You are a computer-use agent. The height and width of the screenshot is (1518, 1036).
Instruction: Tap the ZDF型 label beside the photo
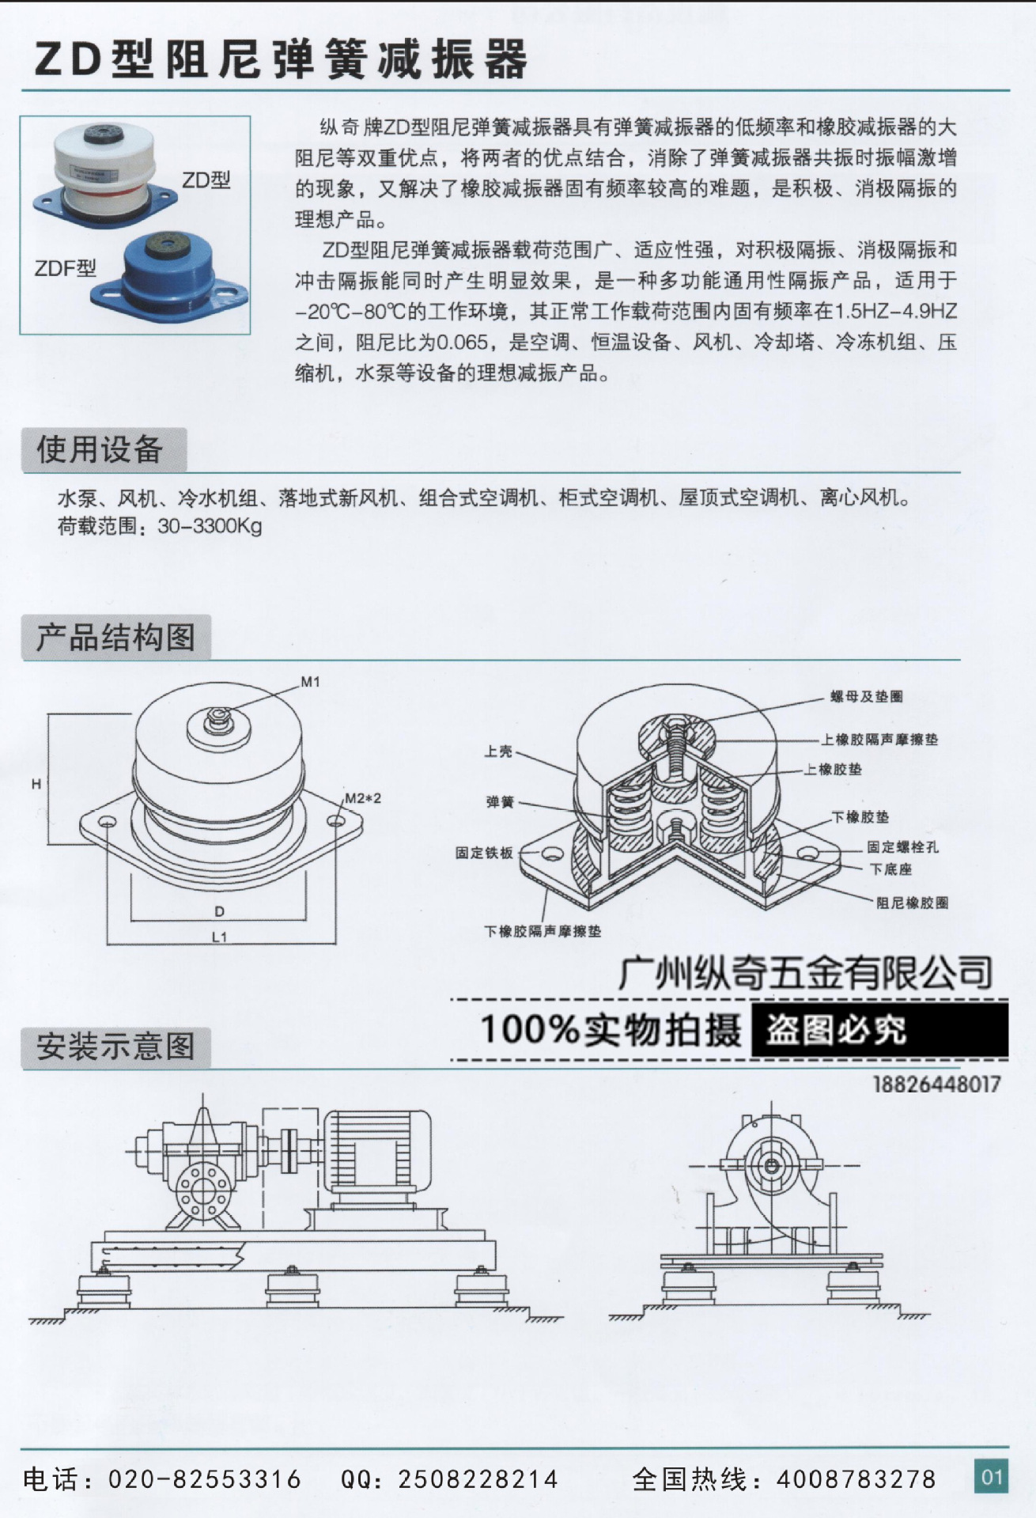[x=65, y=268]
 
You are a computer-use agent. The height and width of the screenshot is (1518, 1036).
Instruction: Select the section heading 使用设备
[x=100, y=449]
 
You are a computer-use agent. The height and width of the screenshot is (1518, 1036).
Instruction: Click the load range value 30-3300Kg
[x=210, y=527]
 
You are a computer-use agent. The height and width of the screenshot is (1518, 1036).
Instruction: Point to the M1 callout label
[x=310, y=682]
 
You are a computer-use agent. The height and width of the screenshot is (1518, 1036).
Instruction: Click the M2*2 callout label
[x=362, y=798]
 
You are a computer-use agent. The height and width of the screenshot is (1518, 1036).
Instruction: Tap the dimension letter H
[x=36, y=784]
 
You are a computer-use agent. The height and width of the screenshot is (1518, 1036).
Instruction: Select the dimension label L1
[x=219, y=937]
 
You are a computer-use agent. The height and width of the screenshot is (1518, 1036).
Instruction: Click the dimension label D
[x=219, y=912]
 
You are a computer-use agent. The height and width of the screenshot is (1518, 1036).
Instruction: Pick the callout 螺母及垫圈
[x=866, y=697]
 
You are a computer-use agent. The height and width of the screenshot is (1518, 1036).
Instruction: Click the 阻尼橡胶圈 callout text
[x=912, y=903]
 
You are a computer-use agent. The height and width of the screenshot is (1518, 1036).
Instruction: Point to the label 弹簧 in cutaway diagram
[x=500, y=802]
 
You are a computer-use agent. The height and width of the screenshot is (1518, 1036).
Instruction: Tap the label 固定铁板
[x=484, y=853]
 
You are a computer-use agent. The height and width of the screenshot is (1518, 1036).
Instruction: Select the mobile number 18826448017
[x=936, y=1084]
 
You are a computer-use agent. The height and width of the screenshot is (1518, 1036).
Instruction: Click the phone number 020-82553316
[x=205, y=1478]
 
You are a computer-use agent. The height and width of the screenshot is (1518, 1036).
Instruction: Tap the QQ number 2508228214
[x=478, y=1478]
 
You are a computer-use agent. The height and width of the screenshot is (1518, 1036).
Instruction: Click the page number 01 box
[x=992, y=1476]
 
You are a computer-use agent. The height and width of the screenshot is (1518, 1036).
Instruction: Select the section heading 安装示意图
[x=115, y=1047]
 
